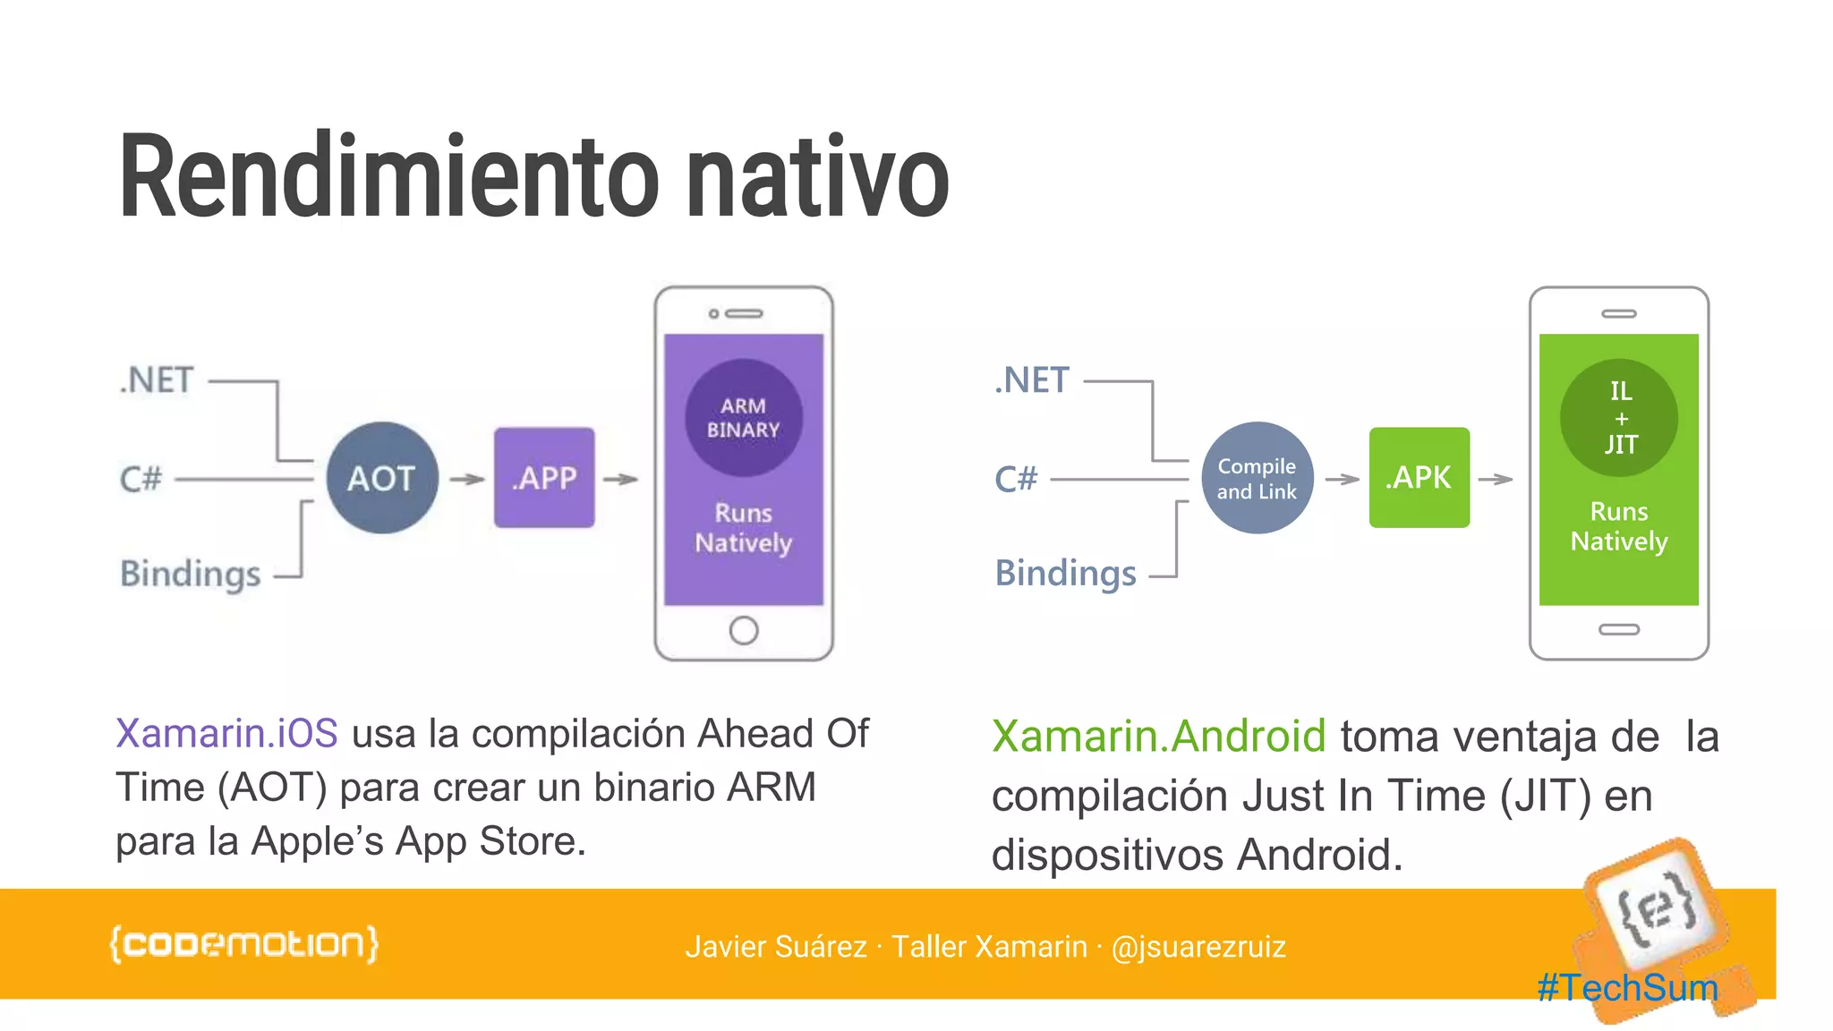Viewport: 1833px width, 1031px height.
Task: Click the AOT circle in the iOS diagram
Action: click(x=382, y=478)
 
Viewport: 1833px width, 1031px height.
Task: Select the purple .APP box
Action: click(x=544, y=478)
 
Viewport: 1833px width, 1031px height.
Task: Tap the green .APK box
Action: click(x=1419, y=478)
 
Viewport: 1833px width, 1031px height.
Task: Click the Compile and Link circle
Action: click(x=1257, y=478)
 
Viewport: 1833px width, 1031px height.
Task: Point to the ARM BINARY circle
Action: click(x=743, y=417)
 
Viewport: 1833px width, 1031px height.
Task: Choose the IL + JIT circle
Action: click(x=1619, y=417)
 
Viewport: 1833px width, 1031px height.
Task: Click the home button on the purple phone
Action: click(x=743, y=630)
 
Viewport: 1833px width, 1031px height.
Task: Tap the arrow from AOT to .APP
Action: click(x=466, y=480)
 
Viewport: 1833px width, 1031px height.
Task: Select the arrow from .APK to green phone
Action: click(x=1496, y=480)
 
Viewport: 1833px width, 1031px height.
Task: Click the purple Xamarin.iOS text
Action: click(x=226, y=733)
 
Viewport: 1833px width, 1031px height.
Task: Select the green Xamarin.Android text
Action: click(x=1158, y=737)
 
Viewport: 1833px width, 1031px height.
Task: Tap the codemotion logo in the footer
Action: click(x=243, y=944)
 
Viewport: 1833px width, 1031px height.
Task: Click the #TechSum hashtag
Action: click(x=1627, y=988)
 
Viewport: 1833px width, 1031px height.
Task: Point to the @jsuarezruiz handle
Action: click(x=1198, y=947)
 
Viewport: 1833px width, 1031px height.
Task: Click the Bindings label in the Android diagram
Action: click(x=1065, y=573)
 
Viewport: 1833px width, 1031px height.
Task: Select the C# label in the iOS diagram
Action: click(x=141, y=479)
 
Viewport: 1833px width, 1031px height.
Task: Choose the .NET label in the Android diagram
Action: click(x=1032, y=380)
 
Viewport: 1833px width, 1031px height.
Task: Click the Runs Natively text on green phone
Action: click(x=1619, y=526)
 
